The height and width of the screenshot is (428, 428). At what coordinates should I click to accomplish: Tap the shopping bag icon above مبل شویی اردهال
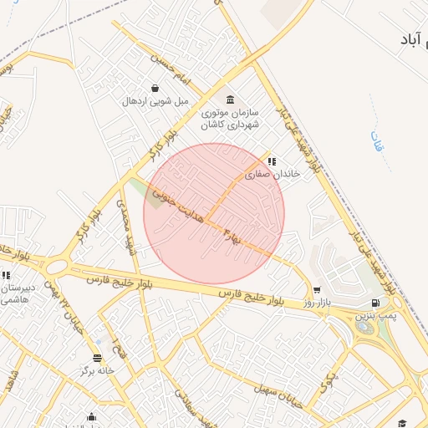click(155, 88)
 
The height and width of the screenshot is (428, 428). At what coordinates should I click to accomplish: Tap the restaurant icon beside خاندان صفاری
click(271, 161)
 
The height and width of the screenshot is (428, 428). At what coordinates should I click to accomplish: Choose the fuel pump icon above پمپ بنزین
click(374, 303)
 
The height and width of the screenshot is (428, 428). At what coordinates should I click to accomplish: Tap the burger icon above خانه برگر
click(98, 357)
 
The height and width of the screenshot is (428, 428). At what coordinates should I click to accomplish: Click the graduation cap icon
click(402, 422)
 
